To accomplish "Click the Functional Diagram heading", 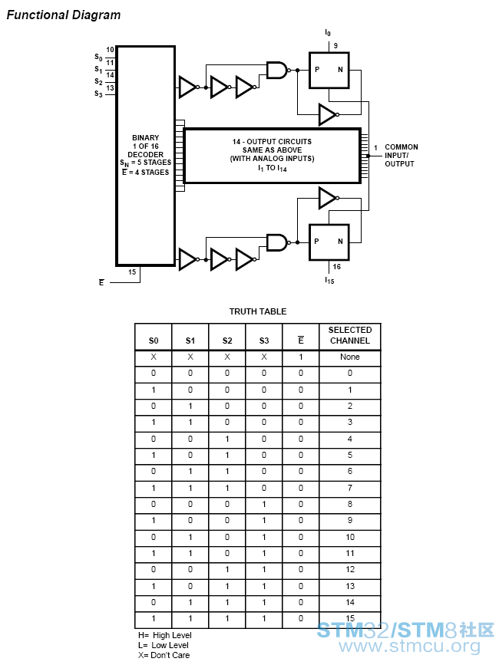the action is [x=64, y=15].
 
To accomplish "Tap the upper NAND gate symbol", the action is [x=278, y=70].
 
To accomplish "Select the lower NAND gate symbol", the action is [x=278, y=242].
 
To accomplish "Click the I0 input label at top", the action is [x=328, y=33].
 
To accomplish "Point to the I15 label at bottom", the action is [x=329, y=280].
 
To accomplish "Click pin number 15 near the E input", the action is [x=132, y=272].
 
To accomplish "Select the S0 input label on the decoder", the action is [x=98, y=57].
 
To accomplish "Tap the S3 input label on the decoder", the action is [x=98, y=94].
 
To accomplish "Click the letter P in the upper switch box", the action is [x=317, y=70].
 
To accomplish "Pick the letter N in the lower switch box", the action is [x=340, y=242].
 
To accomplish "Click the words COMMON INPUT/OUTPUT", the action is [x=401, y=155].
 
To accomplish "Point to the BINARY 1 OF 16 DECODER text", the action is [x=146, y=146].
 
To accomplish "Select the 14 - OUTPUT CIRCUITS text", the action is [x=272, y=142].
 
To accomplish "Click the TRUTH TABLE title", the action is [x=258, y=311].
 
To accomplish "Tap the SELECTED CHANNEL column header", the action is [x=350, y=335].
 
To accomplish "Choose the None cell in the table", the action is [x=349, y=357].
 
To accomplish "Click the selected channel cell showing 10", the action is [x=349, y=537].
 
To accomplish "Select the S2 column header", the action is [x=227, y=341].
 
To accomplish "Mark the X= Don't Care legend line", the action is [x=164, y=655].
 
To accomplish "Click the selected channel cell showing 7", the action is [x=349, y=488].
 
